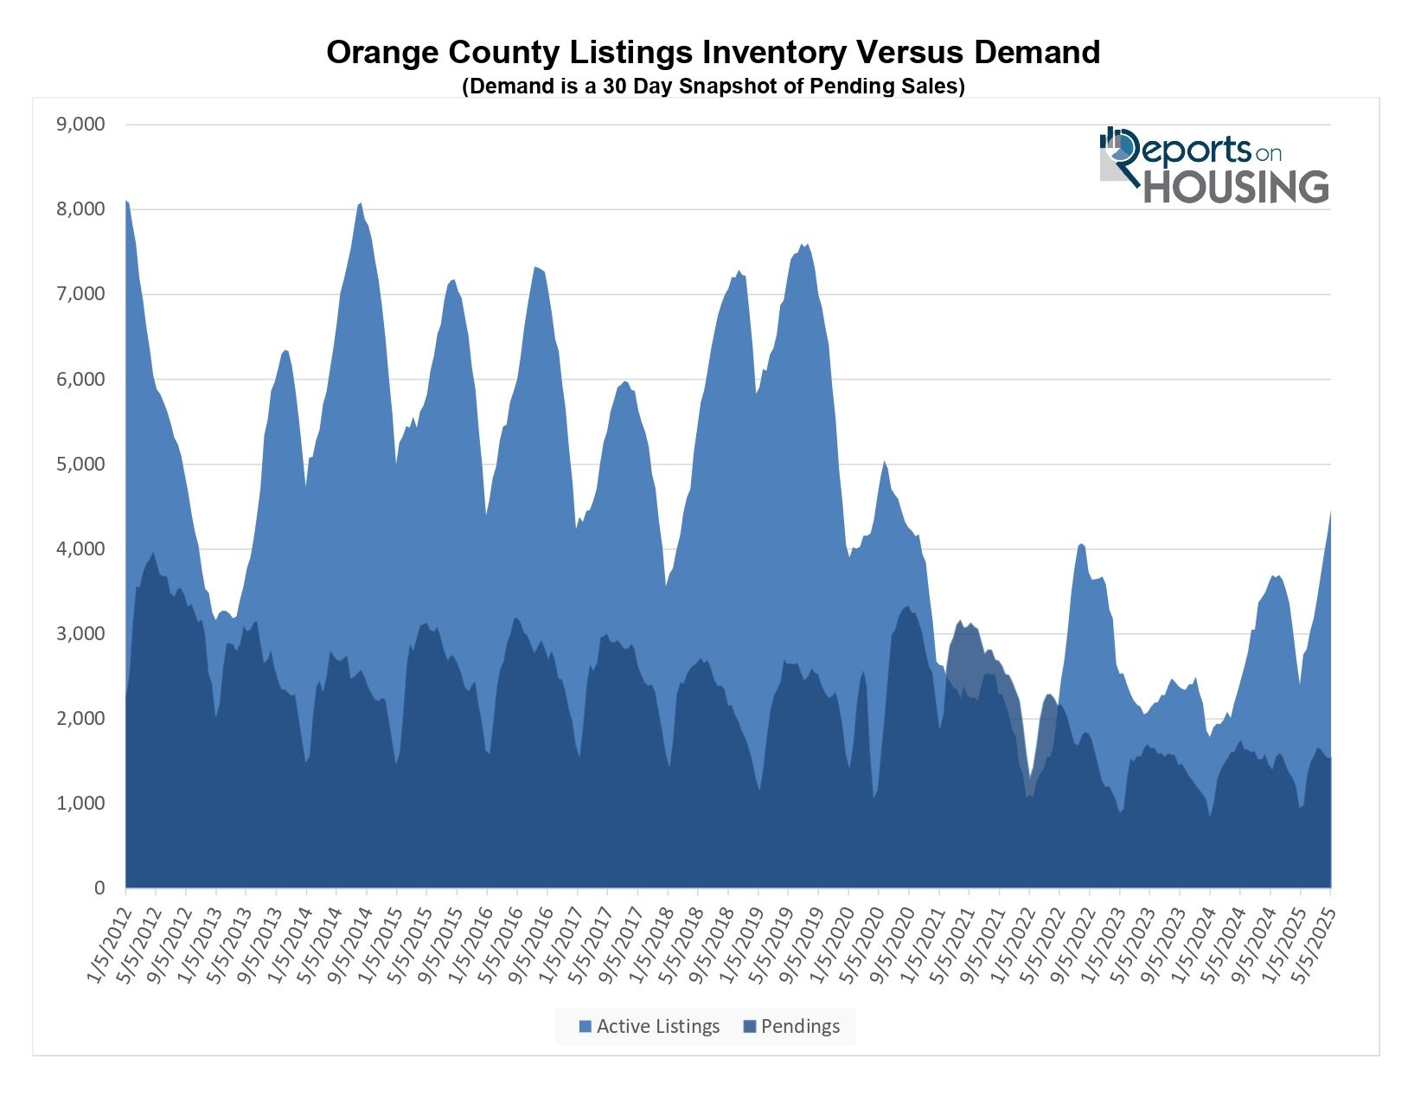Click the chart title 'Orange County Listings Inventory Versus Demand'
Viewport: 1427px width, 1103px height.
pyautogui.click(x=713, y=53)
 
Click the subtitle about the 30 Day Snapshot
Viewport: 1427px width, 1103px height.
pyautogui.click(x=713, y=87)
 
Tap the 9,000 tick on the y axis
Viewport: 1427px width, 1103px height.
pyautogui.click(x=80, y=125)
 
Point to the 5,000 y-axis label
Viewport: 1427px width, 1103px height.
pyautogui.click(x=80, y=465)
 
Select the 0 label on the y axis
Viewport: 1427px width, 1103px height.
pyautogui.click(x=99, y=888)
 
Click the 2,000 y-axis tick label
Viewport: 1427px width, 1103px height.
pyautogui.click(x=80, y=719)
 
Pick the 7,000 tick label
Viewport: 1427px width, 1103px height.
pyautogui.click(x=80, y=294)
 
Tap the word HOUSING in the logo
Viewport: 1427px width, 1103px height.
pyautogui.click(x=1237, y=187)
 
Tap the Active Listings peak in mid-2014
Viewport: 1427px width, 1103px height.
pyautogui.click(x=360, y=203)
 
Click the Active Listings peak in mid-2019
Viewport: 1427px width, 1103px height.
pyautogui.click(x=805, y=245)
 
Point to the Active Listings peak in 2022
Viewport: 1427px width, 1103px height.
pyautogui.click(x=1081, y=544)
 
